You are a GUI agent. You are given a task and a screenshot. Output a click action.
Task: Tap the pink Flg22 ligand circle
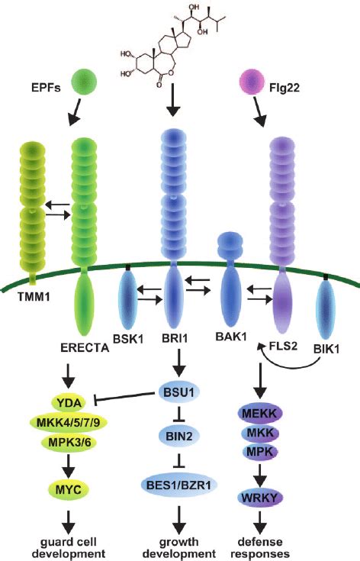(253, 79)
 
